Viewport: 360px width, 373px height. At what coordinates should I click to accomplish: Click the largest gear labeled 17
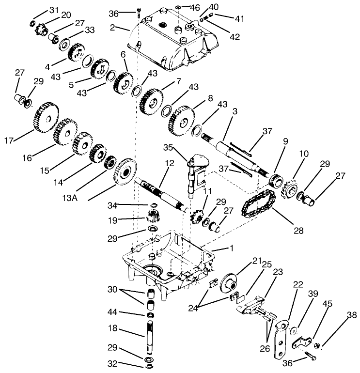[45, 118]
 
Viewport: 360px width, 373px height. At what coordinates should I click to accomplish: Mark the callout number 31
[53, 10]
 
